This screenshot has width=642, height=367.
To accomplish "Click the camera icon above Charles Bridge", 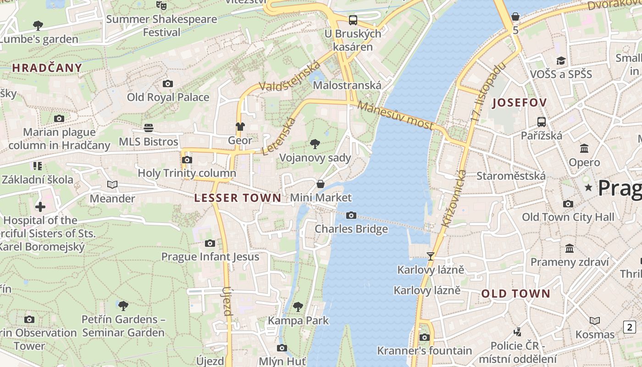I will (x=351, y=215).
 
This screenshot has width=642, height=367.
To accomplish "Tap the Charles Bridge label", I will (x=351, y=229).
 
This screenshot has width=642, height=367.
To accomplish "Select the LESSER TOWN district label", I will (x=238, y=198).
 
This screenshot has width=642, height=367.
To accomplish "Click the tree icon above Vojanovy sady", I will (x=315, y=144).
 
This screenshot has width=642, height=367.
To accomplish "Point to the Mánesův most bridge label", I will (x=395, y=115).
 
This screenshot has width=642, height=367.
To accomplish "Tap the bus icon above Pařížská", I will (x=542, y=122).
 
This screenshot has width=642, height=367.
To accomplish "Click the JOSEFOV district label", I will (x=520, y=103).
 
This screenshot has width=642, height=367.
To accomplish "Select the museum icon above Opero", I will (x=584, y=149).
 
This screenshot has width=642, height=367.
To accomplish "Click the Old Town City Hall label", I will (x=568, y=217).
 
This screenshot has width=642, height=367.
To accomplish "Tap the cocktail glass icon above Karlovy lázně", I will (x=430, y=256).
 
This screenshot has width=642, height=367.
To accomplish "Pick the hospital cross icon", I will (x=40, y=207).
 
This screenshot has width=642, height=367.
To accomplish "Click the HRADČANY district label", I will (x=47, y=68).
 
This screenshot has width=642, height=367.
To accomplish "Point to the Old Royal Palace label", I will (x=168, y=97).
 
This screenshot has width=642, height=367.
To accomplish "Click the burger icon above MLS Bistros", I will (x=149, y=128).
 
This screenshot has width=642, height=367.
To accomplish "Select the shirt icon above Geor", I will (x=240, y=127).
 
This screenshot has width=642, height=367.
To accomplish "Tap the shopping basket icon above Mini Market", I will (x=321, y=184).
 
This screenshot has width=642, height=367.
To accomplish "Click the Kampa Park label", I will (x=298, y=320).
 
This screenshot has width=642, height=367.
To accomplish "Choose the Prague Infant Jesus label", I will (x=210, y=256).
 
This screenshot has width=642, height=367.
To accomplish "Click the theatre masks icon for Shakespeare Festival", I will (x=161, y=6).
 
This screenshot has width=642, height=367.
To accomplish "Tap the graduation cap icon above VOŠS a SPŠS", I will (x=561, y=61).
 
